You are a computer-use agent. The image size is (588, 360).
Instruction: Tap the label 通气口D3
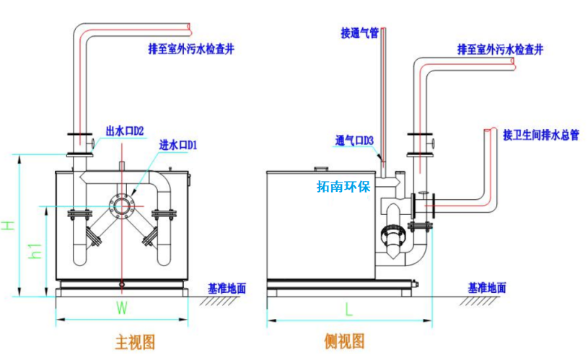354,140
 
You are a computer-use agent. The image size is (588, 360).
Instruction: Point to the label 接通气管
360,32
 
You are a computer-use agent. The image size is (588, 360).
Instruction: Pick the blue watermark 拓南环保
343,187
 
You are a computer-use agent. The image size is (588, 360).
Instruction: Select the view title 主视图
135,341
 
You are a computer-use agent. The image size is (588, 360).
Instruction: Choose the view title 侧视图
345,341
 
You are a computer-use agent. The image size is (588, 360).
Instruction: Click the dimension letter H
8,225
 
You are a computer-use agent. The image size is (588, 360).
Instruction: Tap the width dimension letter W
122,309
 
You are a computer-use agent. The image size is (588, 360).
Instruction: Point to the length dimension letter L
348,310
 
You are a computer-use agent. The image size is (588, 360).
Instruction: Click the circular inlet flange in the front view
122,206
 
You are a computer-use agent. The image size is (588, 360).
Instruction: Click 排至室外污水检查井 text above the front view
191,50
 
